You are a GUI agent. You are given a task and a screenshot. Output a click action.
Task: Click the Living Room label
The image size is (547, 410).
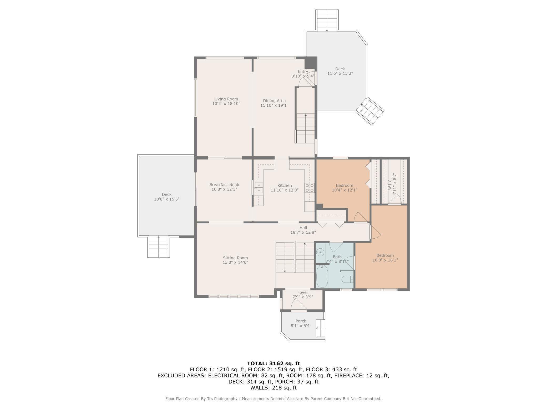(x=226, y=99)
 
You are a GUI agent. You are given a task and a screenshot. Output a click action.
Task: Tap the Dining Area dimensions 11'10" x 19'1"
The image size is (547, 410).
(x=274, y=105)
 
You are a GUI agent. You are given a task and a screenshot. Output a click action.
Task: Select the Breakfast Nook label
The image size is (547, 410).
(x=224, y=185)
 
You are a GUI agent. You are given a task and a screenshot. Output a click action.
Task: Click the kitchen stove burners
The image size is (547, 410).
(x=310, y=188)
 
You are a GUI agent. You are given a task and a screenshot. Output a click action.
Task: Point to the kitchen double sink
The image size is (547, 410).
(x=259, y=188)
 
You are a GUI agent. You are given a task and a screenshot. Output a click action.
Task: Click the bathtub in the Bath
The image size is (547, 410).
(x=322, y=276)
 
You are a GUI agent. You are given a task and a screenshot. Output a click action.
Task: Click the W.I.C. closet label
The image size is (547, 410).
(x=390, y=183)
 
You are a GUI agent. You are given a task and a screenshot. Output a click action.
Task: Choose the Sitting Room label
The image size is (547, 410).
(x=235, y=258)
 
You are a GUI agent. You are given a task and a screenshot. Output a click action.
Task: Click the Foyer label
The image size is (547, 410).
(x=303, y=293)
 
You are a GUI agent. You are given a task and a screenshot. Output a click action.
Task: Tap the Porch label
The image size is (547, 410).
(x=301, y=321)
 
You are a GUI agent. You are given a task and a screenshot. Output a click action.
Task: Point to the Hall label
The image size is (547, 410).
(x=303, y=228)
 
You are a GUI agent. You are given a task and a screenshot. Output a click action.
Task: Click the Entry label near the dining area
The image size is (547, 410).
(x=303, y=71)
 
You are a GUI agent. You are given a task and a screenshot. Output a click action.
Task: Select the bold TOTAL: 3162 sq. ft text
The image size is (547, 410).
(x=273, y=363)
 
